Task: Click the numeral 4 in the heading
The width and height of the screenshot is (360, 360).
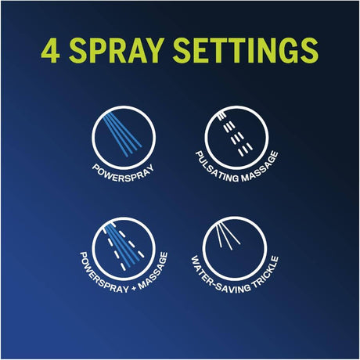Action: pyautogui.click(x=50, y=50)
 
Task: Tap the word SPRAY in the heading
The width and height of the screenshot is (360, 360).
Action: pyautogui.click(x=117, y=50)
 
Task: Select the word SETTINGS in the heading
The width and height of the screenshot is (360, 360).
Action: pyautogui.click(x=246, y=50)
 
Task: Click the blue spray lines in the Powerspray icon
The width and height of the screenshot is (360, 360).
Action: pyautogui.click(x=122, y=134)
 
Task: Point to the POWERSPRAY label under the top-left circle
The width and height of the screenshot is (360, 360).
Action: pyautogui.click(x=123, y=173)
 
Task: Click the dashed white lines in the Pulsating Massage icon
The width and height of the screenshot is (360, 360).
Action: pyautogui.click(x=236, y=135)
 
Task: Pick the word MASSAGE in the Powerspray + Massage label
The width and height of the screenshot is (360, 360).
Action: pyautogui.click(x=154, y=272)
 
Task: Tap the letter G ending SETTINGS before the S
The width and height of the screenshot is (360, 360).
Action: pyautogui.click(x=287, y=50)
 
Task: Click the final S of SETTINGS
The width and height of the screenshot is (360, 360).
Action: pyautogui.click(x=309, y=50)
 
